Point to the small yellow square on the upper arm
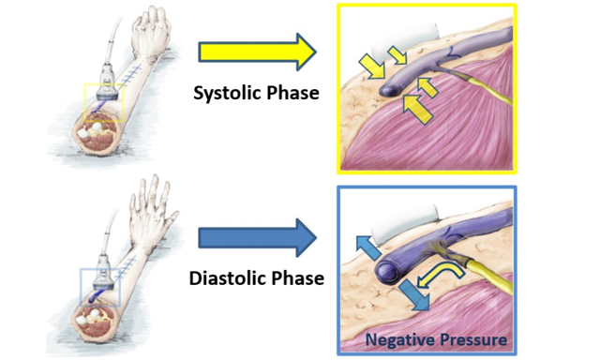pyautogui.click(x=102, y=104)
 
